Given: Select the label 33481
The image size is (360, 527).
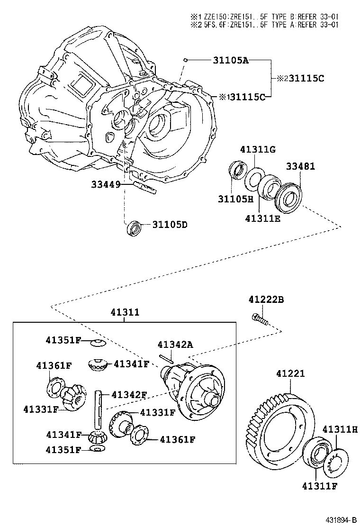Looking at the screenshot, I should click(x=300, y=166).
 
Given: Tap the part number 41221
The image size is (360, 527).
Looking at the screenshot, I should click(x=290, y=374).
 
